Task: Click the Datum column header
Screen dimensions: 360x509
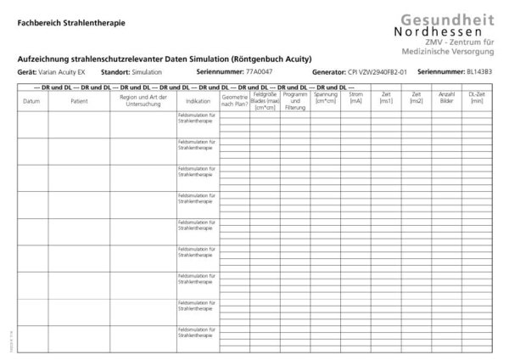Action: (32, 101)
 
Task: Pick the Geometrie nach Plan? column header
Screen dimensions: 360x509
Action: (235, 100)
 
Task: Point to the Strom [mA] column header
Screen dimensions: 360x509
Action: (355, 98)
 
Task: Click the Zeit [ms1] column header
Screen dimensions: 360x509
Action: (386, 98)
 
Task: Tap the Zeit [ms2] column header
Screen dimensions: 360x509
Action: (416, 98)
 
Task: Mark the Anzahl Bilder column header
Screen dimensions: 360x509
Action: (446, 98)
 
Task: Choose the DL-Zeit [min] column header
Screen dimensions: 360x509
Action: (477, 98)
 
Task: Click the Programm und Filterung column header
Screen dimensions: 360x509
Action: (294, 101)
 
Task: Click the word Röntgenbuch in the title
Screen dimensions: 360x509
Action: (255, 58)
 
